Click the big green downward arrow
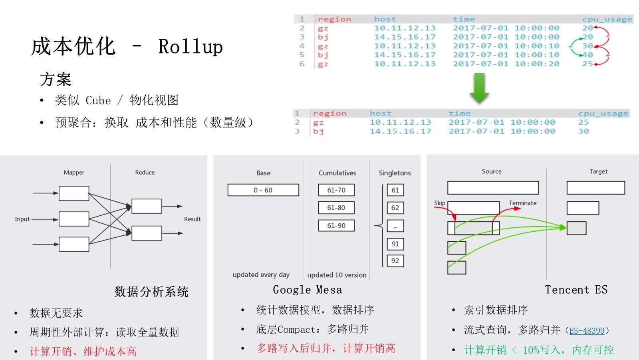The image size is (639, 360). click(479, 88)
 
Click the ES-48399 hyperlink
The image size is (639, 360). click(587, 330)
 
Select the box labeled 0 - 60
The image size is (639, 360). click(263, 190)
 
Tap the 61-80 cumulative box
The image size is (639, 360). click(336, 208)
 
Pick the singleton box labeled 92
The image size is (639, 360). click(395, 261)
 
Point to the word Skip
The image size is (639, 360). click(440, 203)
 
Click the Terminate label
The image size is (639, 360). click(522, 203)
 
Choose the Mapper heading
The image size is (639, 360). click(74, 173)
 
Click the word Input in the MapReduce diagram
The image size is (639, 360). click(22, 219)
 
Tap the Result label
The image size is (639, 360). click(192, 219)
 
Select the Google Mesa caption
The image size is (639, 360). click(308, 290)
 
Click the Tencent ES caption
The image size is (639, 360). click(576, 290)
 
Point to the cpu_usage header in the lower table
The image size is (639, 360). click(603, 113)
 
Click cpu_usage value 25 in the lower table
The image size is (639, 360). click(583, 122)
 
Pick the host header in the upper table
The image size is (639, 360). click(385, 19)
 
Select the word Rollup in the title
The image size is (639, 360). click(191, 47)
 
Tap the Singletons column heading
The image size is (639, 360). click(395, 173)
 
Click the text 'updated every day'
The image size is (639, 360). click(261, 274)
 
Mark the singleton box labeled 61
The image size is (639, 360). click(395, 190)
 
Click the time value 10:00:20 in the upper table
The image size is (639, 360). click(537, 64)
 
